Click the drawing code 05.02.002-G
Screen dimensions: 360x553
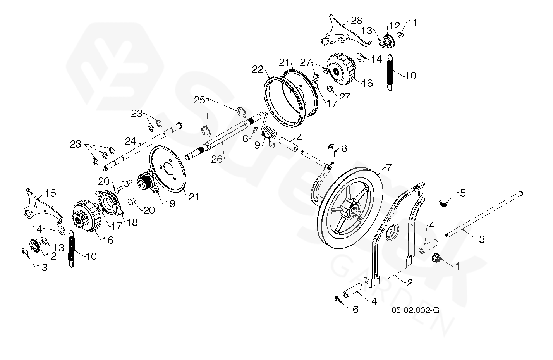click(416, 310)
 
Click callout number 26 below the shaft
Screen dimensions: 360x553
click(218, 159)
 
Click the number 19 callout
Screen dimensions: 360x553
click(169, 203)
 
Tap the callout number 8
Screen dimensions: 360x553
click(344, 148)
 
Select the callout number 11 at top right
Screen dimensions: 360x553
click(412, 23)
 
